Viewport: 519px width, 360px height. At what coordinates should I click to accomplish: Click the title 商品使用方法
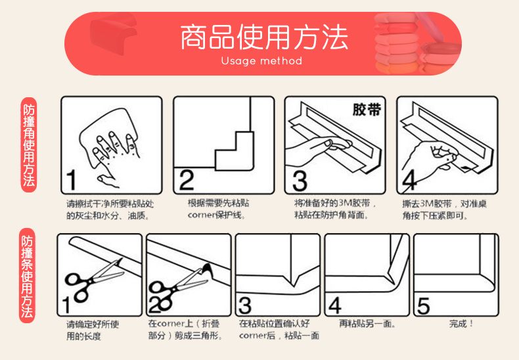264,37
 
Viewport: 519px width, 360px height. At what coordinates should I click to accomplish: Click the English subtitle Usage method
261,61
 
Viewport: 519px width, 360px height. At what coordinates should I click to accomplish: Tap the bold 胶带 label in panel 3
367,110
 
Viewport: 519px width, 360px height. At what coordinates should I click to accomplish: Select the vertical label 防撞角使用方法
29,145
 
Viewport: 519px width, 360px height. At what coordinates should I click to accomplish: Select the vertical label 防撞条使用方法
28,275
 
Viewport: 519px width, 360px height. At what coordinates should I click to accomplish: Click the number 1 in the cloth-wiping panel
71,181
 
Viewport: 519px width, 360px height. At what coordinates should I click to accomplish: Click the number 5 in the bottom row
423,305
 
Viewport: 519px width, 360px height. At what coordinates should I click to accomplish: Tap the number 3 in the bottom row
245,305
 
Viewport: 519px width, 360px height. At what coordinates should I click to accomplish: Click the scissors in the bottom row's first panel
93,281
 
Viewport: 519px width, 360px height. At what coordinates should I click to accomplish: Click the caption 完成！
461,323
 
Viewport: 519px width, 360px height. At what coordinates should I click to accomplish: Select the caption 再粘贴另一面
367,323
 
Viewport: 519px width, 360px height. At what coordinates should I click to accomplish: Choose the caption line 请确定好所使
93,324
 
